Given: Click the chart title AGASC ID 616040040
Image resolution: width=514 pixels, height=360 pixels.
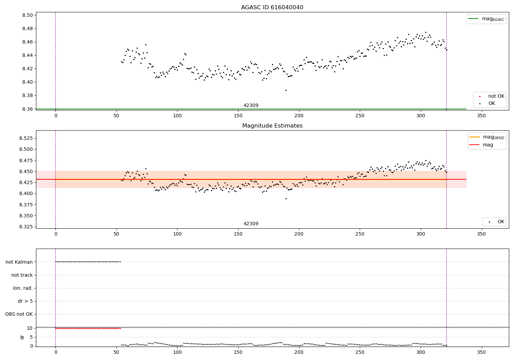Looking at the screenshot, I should (x=272, y=8).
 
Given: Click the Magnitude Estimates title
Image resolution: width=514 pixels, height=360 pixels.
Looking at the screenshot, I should (x=272, y=126).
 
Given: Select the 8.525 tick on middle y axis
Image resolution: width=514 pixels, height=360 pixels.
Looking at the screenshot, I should (x=27, y=138).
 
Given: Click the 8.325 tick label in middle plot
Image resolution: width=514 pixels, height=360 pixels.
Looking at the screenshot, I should (x=27, y=227).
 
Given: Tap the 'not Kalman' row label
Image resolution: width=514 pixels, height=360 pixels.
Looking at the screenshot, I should (x=19, y=262).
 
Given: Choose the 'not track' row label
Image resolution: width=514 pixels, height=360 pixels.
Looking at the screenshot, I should (x=22, y=275).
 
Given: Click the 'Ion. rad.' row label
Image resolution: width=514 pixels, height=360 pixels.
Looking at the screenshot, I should (x=23, y=288).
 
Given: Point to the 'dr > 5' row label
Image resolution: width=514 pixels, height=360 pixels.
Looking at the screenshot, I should (x=25, y=301).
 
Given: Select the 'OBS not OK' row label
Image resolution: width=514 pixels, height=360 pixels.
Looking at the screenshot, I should (x=19, y=314).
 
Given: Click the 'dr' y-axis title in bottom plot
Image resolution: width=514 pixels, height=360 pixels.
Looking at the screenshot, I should (x=22, y=337).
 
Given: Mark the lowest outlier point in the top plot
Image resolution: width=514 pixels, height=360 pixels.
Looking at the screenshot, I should (x=286, y=90).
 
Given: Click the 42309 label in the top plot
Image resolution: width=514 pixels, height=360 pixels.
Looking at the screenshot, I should (x=251, y=106).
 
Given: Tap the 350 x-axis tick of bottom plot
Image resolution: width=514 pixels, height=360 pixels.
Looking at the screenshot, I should (x=481, y=352).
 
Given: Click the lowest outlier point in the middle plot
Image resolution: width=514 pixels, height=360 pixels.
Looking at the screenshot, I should (x=286, y=199).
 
